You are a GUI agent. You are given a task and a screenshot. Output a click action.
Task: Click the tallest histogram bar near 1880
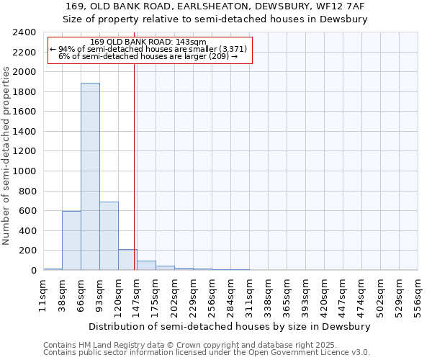(x=90, y=176)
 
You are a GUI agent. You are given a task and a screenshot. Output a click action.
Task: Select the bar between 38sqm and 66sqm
(x=71, y=240)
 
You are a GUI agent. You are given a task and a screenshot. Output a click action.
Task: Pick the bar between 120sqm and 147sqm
(x=127, y=260)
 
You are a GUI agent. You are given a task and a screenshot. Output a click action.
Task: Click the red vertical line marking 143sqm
(x=134, y=166)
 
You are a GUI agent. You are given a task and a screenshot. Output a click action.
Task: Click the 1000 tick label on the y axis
(x=26, y=171)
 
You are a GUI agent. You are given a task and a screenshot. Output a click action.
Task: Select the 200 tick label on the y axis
(x=29, y=251)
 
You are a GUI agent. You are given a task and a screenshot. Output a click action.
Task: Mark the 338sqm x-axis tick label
(x=268, y=294)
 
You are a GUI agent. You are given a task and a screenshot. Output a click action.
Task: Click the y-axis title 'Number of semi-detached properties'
(x=6, y=156)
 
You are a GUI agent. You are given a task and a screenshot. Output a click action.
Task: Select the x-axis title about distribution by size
(x=230, y=326)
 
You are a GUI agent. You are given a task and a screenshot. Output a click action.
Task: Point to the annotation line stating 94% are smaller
(x=149, y=49)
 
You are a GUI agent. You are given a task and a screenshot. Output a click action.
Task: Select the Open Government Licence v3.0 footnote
(x=207, y=353)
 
